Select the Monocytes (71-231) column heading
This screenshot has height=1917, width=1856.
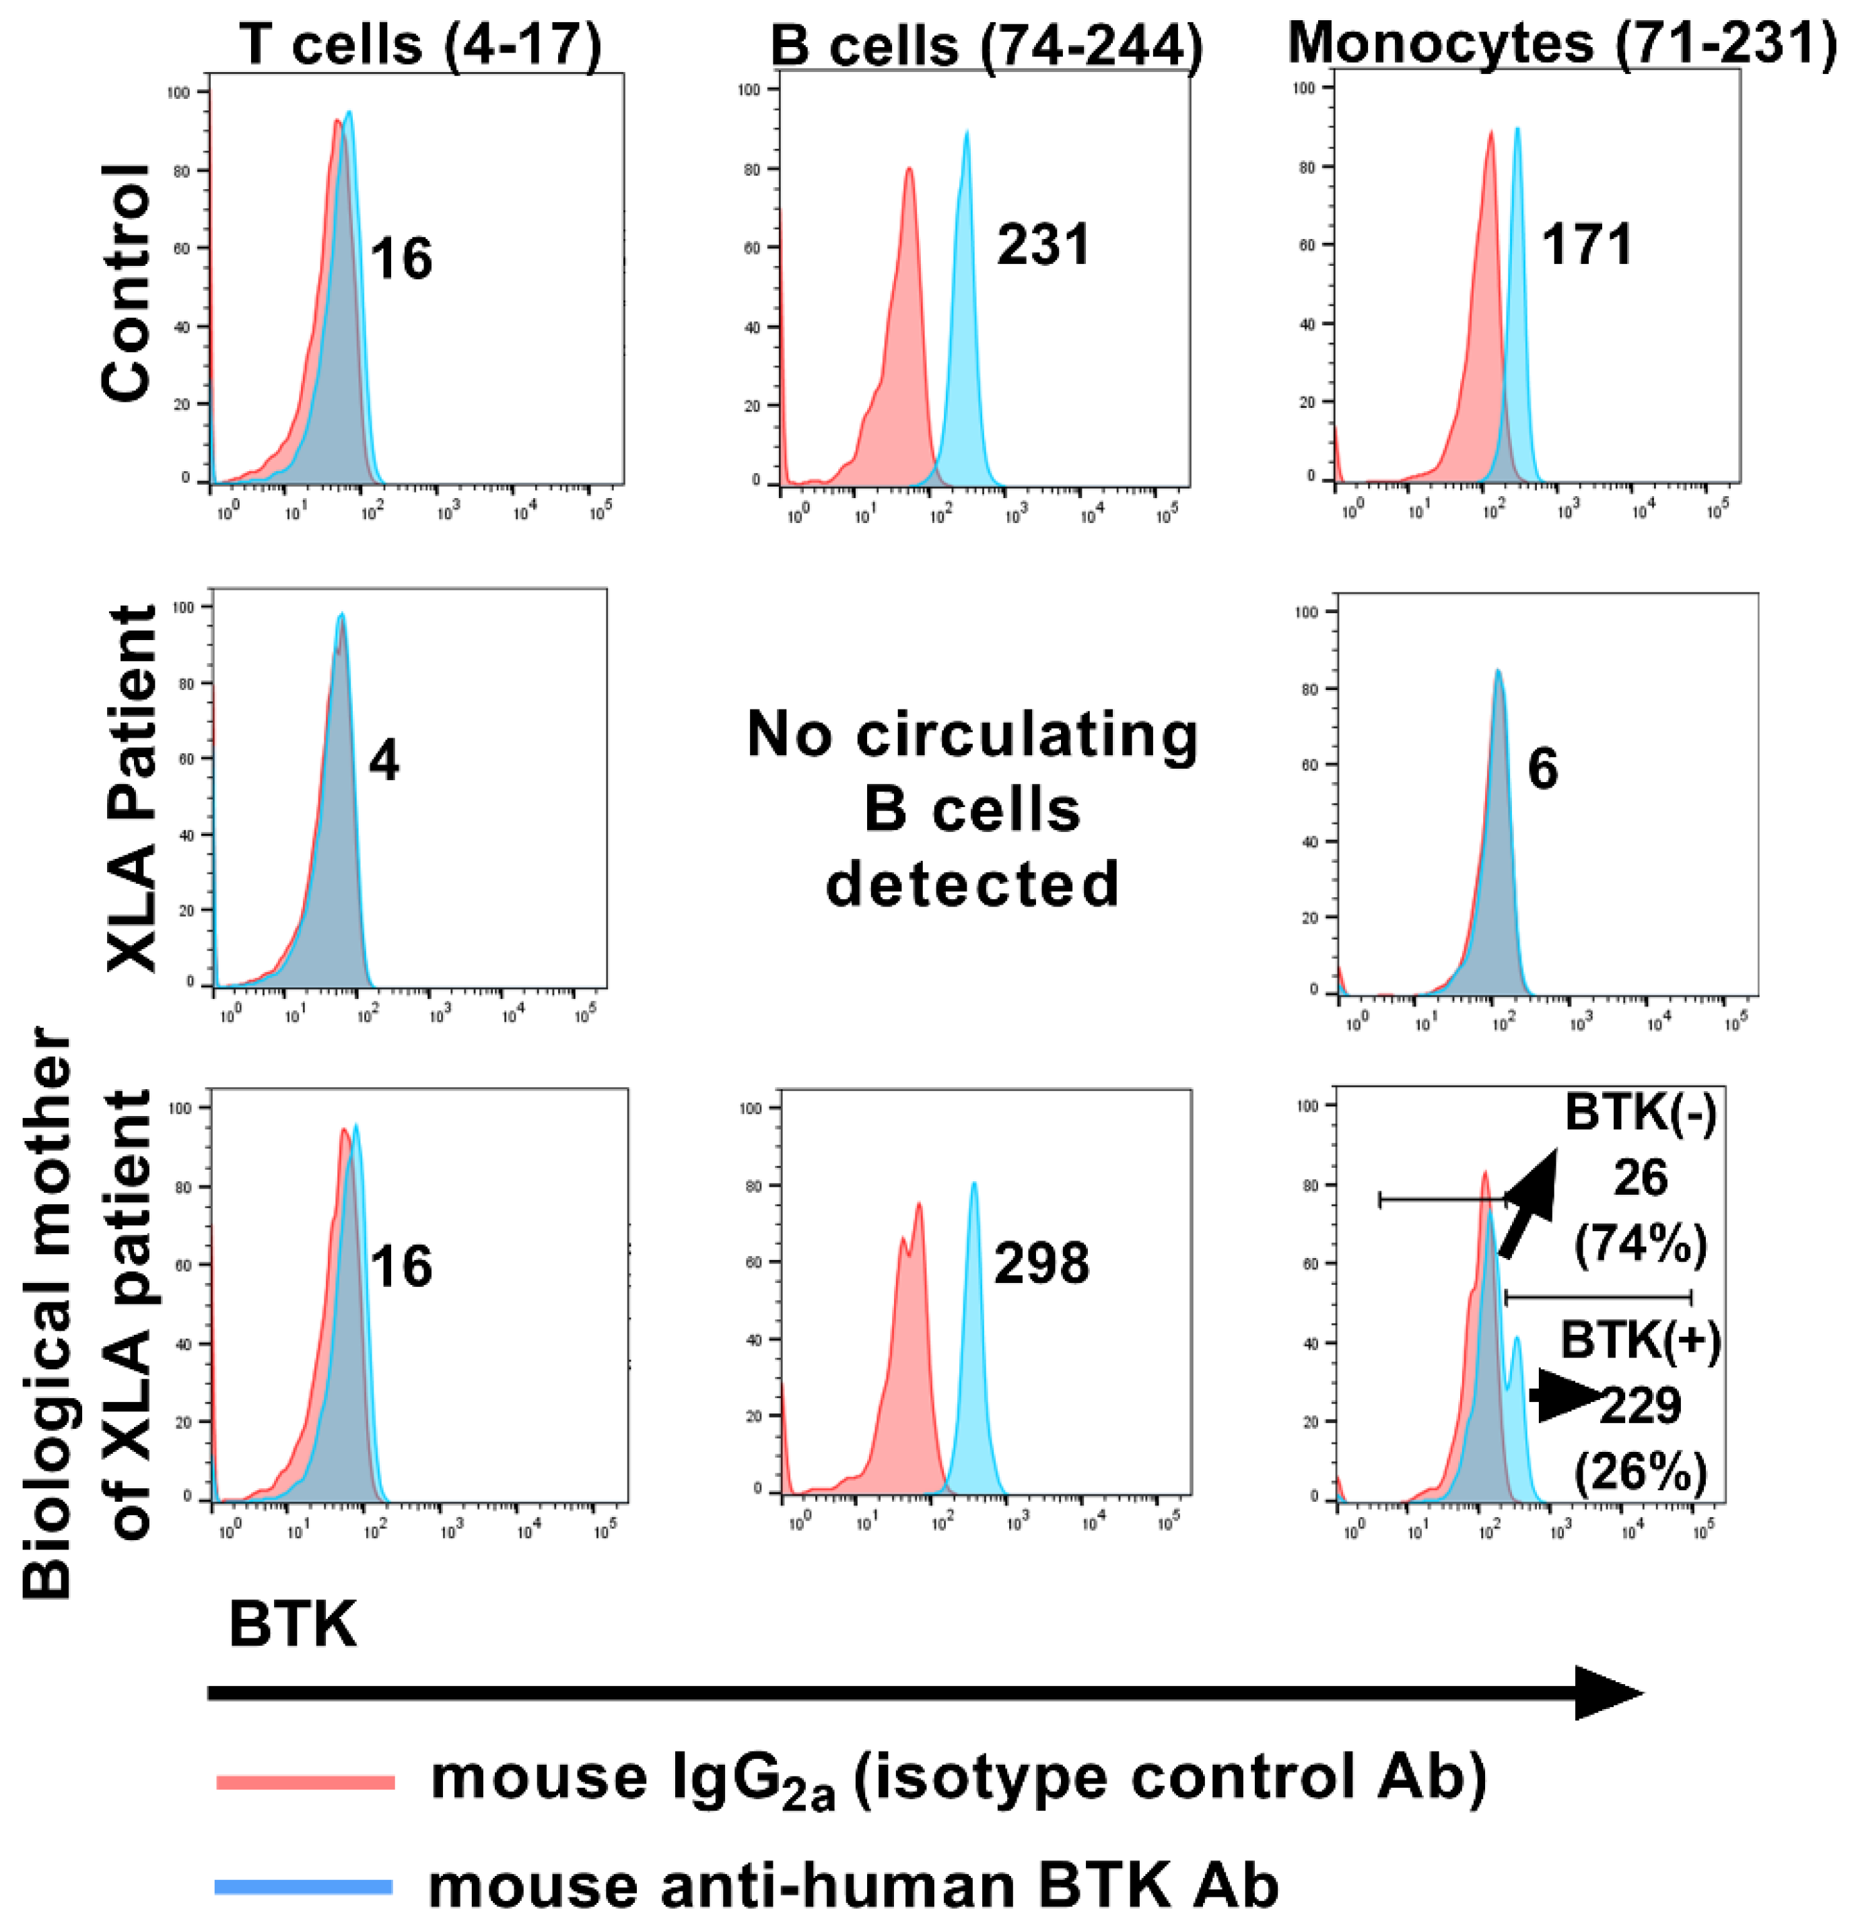[x=1562, y=43]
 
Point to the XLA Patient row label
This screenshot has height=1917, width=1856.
[x=131, y=788]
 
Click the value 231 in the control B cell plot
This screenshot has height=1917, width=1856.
[x=1042, y=244]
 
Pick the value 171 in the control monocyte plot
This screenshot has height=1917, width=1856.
[x=1587, y=244]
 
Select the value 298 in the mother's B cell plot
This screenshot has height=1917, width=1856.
[x=1041, y=1263]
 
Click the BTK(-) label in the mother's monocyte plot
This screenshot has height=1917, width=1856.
[x=1640, y=1113]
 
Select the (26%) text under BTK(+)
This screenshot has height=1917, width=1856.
[x=1640, y=1471]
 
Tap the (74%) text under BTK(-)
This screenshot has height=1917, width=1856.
[x=1640, y=1245]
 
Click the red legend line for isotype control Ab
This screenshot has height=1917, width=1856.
[x=305, y=1782]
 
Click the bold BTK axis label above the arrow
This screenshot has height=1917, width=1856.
[x=293, y=1625]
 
